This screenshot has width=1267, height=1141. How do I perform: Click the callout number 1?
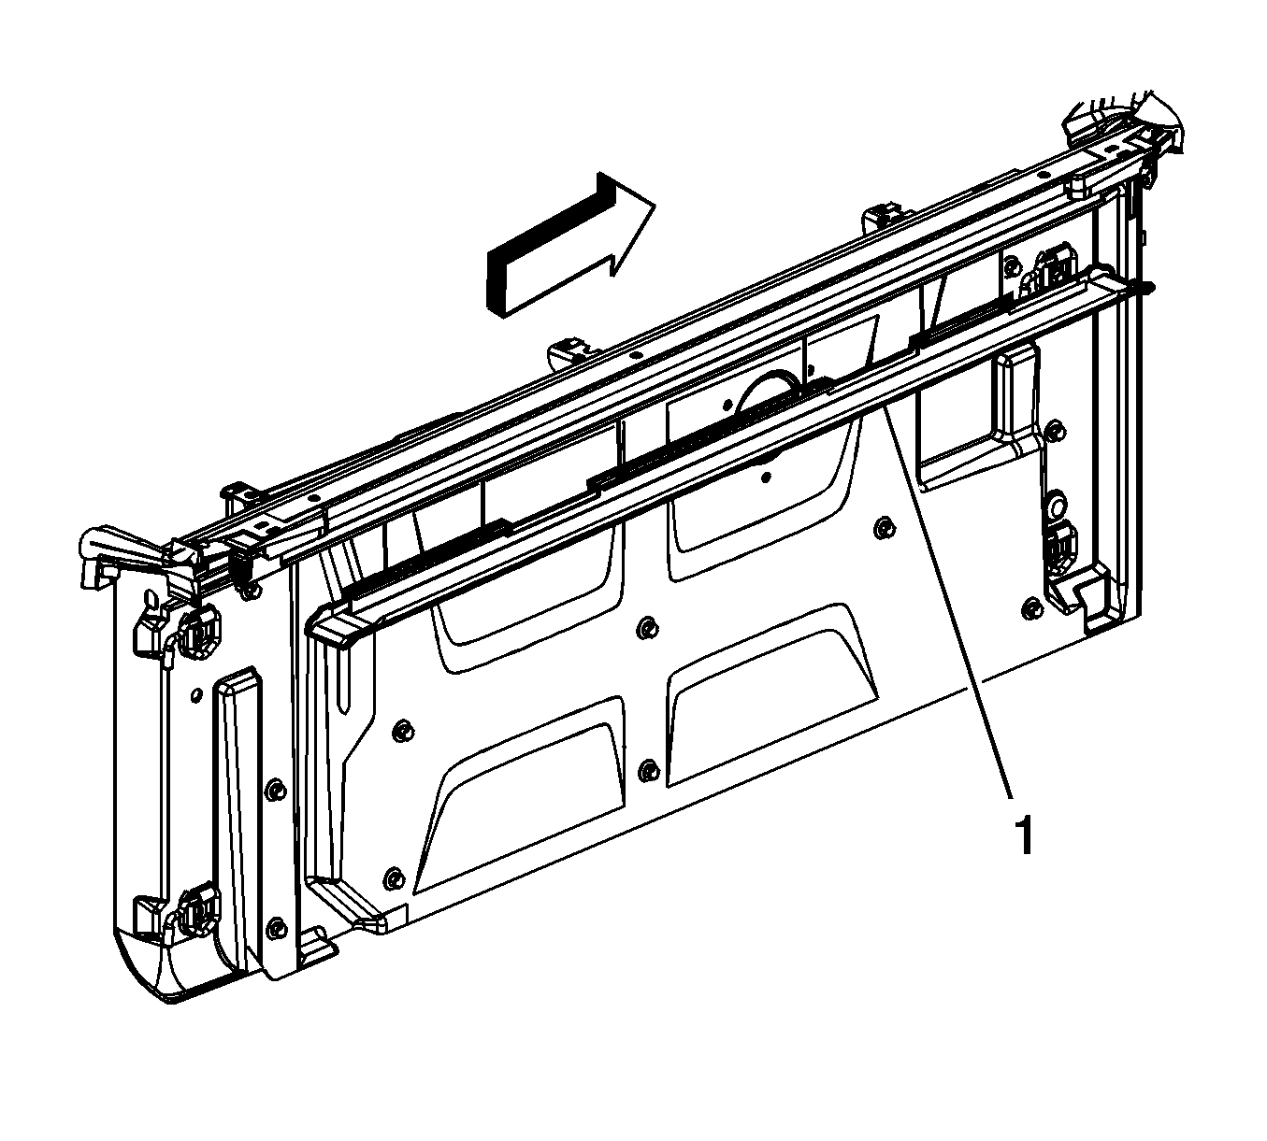pyautogui.click(x=1023, y=834)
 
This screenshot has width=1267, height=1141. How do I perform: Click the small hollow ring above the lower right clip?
pyautogui.click(x=1052, y=507)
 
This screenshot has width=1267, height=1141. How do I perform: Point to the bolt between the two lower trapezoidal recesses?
pyautogui.click(x=647, y=769)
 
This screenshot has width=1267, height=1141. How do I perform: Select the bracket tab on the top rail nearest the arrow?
pyautogui.click(x=571, y=350)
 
